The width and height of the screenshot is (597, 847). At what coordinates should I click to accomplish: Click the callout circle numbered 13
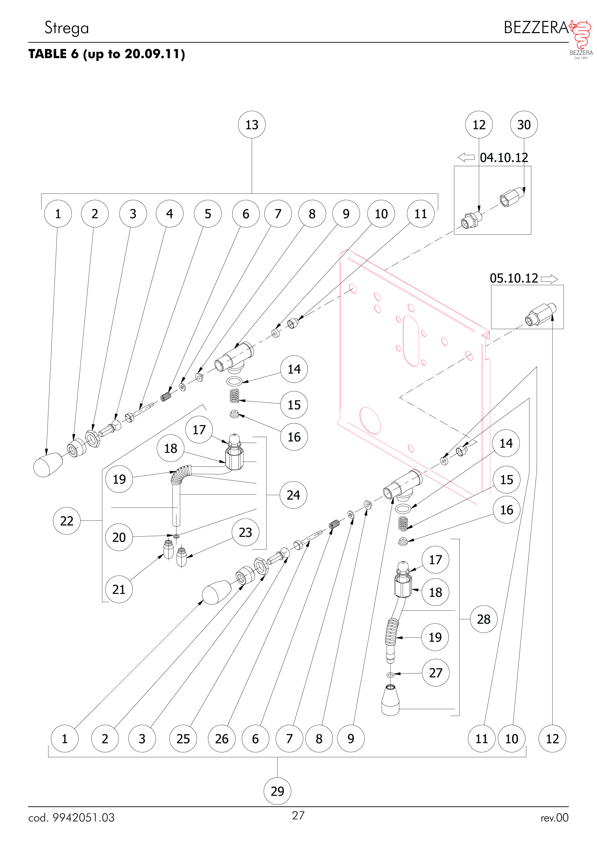tap(252, 125)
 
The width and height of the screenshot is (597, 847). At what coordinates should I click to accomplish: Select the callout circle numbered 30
tap(524, 125)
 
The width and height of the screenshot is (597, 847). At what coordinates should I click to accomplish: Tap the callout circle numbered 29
tap(277, 791)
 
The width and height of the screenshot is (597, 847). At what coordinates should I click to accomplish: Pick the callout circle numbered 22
tap(67, 520)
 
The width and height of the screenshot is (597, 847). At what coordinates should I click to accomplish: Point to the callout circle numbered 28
tap(483, 619)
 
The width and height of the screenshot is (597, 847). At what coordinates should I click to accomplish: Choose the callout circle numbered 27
tap(435, 672)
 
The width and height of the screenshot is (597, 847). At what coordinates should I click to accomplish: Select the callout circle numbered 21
tap(119, 589)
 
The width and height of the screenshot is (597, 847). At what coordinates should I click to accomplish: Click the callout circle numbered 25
tap(183, 738)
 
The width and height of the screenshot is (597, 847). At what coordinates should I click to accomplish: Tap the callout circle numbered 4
tap(169, 213)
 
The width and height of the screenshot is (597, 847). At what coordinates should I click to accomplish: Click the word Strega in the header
tap(67, 28)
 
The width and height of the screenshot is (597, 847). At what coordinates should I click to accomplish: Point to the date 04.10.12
tap(504, 157)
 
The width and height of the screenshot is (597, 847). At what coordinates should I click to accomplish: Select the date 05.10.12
tap(514, 278)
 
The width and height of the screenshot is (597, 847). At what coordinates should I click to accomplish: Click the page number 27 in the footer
tap(298, 815)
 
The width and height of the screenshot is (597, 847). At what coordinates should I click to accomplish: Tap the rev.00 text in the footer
tap(554, 818)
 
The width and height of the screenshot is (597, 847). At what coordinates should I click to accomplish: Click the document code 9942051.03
tap(83, 818)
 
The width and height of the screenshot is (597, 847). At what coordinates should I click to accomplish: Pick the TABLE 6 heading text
tap(107, 54)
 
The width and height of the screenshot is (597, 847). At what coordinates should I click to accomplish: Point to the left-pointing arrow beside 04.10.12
tap(466, 157)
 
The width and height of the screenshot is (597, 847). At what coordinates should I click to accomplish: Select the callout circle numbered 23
tap(245, 532)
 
